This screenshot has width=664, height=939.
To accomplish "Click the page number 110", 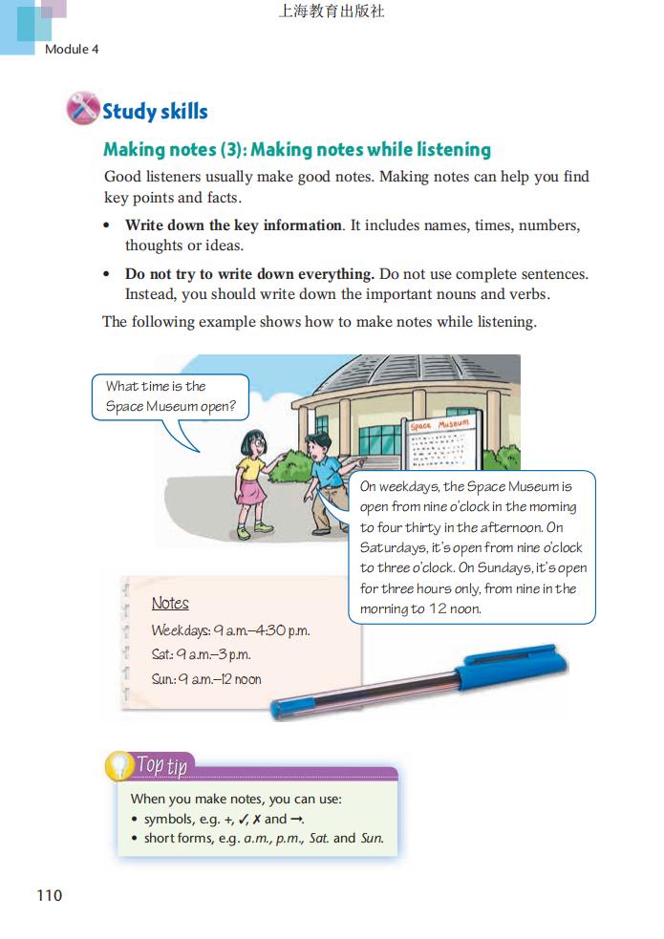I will pos(49,895).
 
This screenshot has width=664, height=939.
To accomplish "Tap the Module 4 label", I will pos(72,49).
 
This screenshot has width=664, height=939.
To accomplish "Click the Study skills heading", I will pos(155,111).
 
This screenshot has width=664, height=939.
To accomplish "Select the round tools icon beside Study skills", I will pos(83,109).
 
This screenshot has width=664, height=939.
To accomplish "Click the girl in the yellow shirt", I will pos(252,478).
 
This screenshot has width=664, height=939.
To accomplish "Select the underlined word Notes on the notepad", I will pos(170,604).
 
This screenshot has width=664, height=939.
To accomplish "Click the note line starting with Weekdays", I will pos(230,630).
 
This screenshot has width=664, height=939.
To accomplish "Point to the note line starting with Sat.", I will pos(201,655).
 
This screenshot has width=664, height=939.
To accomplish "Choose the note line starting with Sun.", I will pos(206,680).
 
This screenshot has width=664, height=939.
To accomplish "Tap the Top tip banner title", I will pos(162,765).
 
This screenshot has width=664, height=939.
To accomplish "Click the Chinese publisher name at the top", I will pos(332,12).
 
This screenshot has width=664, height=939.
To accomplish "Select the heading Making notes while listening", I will pos(297,149).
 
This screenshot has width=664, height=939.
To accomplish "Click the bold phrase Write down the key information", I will pos(233,225).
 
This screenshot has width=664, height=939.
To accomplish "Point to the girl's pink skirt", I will pos(251,493).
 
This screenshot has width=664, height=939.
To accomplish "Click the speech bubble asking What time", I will pos(171,397).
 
